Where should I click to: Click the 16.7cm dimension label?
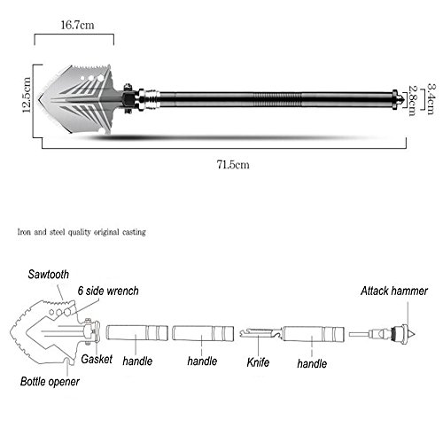click(77, 25)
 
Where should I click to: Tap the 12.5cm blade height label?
click(27, 95)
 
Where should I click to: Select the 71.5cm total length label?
click(233, 165)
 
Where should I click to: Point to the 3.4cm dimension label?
click(431, 98)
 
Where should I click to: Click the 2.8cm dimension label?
click(413, 100)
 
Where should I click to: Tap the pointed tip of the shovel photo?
click(39, 99)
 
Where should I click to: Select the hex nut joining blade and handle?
click(128, 99)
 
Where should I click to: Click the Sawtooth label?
click(49, 275)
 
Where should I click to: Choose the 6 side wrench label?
click(108, 291)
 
